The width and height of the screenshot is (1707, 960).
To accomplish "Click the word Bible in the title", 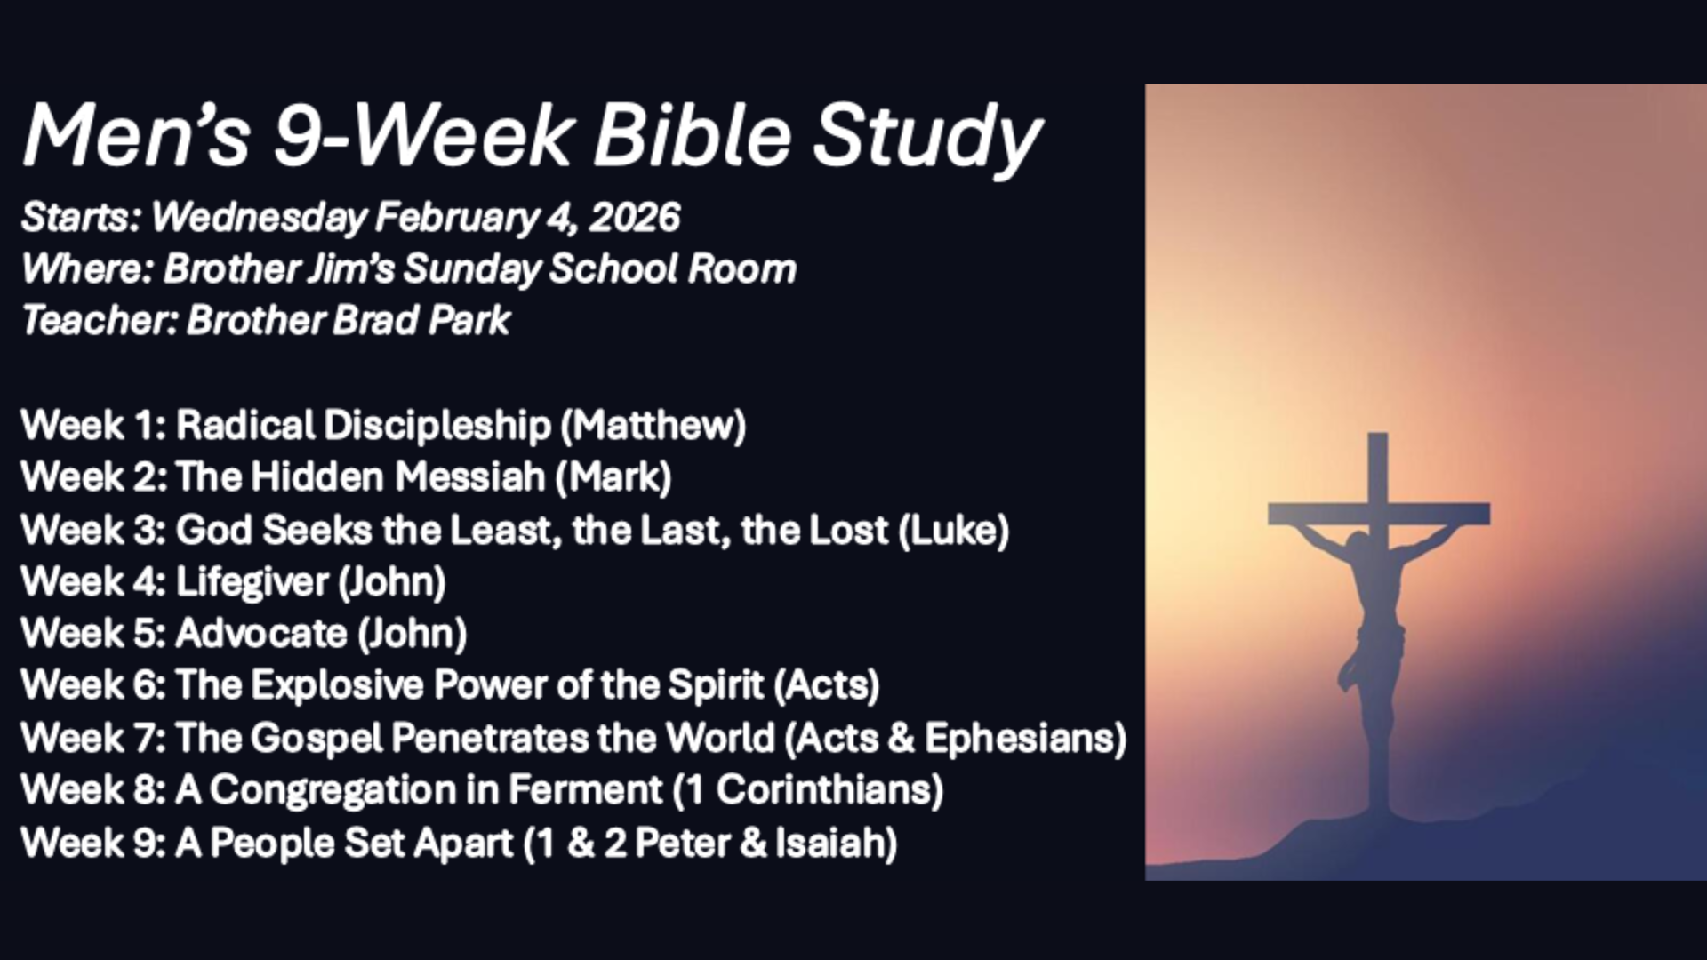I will tap(692, 136).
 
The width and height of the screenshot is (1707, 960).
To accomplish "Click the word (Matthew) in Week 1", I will tap(653, 425).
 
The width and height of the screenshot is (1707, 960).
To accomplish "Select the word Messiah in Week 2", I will tap(469, 476).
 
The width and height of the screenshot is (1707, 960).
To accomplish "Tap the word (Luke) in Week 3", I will tap(953, 530).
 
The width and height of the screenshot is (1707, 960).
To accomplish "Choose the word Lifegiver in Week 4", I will tap(252, 582).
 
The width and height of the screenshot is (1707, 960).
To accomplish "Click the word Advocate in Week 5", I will tap(260, 633).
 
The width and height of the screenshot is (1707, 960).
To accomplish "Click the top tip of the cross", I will tap(1377, 436).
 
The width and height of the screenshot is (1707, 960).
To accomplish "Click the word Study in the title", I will tap(926, 136).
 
